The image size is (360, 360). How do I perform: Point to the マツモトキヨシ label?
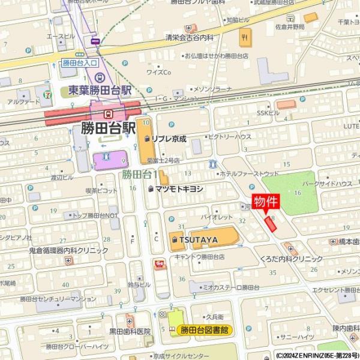179,188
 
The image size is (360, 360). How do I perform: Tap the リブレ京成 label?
169,138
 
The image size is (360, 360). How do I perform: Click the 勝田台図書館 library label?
206,329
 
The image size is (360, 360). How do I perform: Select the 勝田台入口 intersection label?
79,62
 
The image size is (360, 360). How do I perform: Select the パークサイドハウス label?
326,183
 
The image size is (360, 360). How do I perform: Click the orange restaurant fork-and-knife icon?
244,39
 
